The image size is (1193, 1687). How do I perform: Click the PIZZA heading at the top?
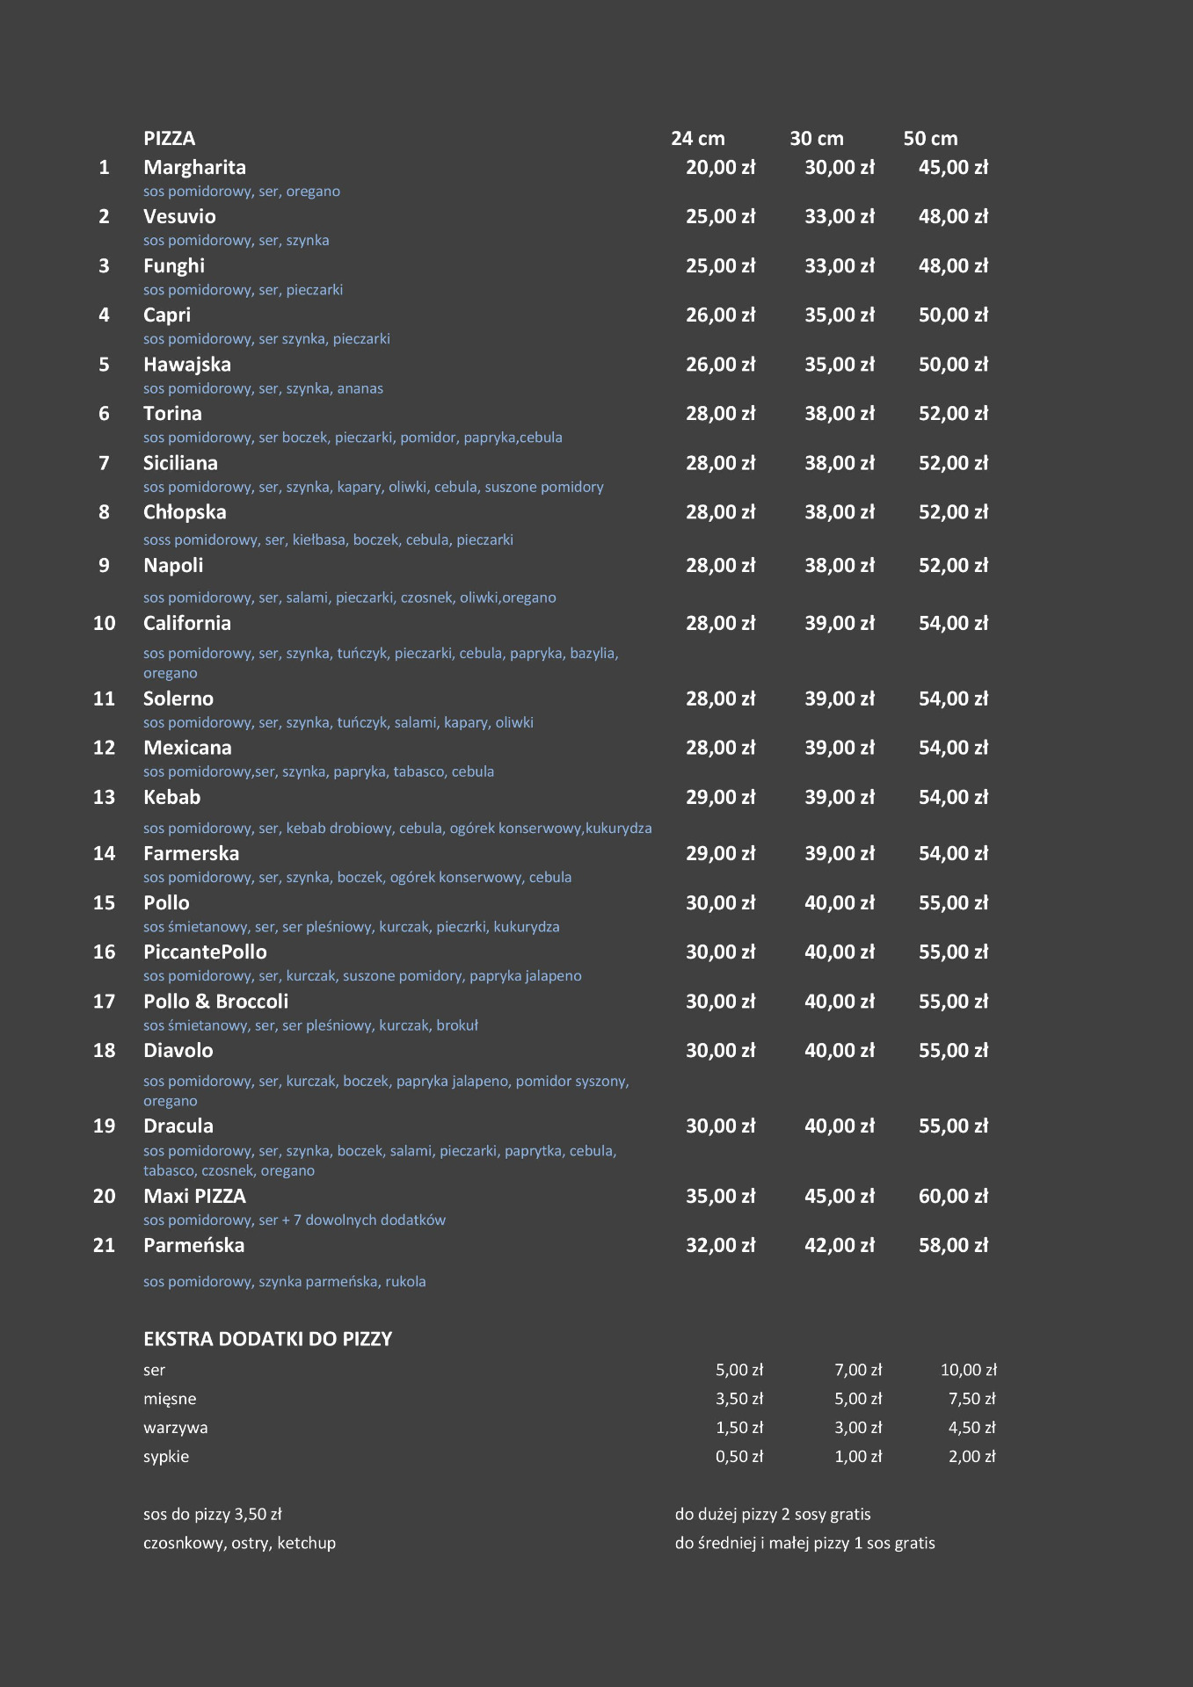coord(169,138)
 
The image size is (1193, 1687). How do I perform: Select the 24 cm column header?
coord(697,138)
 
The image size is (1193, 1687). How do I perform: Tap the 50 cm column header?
coord(930,138)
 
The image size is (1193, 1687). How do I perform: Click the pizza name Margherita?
coord(194,167)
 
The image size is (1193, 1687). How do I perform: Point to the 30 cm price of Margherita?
coord(839,167)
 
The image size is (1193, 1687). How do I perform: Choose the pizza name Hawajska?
coord(186,364)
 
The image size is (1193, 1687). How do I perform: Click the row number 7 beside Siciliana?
coord(104,462)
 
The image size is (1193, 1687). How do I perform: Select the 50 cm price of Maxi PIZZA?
coord(953,1196)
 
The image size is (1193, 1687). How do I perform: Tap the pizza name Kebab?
coord(171,797)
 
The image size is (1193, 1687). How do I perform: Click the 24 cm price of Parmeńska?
coord(720,1245)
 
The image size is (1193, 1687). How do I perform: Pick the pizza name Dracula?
coord(178,1126)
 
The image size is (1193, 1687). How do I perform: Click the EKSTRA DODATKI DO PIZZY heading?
coord(267,1339)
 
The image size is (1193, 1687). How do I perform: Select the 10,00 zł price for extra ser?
coord(968,1370)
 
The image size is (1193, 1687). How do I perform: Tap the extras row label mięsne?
coord(170,1399)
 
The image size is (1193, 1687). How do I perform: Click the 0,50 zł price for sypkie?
coord(738,1457)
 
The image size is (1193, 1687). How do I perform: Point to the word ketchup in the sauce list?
coord(306,1543)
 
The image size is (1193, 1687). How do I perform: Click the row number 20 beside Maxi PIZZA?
coord(104,1196)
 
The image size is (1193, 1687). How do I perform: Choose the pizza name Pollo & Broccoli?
coord(215,1001)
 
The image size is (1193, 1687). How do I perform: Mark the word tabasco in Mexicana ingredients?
coord(418,771)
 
